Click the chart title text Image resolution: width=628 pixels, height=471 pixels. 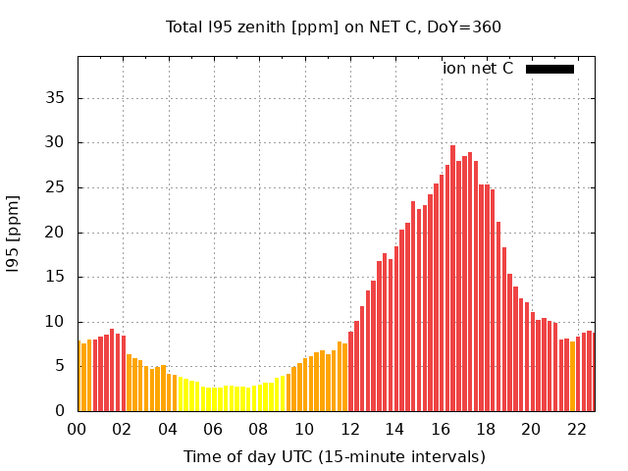tap(334, 26)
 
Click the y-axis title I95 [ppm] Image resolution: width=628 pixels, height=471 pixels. tap(14, 234)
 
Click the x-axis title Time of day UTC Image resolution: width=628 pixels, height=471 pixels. tap(334, 456)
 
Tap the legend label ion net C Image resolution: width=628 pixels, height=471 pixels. tap(478, 69)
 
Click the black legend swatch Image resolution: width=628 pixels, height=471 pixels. tap(549, 69)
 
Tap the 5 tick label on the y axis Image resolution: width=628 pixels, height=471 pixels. tap(60, 367)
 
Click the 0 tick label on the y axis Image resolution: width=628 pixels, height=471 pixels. tap(60, 411)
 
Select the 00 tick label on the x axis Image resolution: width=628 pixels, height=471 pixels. tap(78, 429)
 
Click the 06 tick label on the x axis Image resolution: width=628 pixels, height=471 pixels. tap(214, 429)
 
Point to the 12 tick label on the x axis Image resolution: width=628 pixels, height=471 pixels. tap(349, 429)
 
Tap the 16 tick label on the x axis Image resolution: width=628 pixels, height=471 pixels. tap(441, 429)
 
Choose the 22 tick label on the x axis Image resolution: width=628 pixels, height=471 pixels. tap(576, 429)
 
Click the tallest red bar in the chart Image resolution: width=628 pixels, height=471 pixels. tap(452, 279)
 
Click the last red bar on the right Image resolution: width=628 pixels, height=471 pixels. tap(591, 372)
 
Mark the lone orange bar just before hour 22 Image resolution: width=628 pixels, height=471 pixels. tap(572, 376)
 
